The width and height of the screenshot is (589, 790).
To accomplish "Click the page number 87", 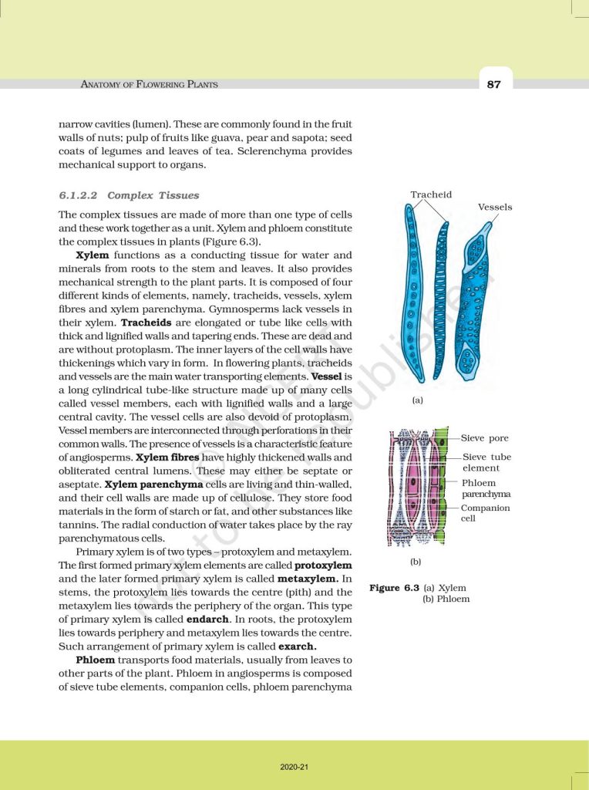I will point(494,84).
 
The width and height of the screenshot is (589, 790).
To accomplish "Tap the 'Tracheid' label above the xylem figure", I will point(431,195).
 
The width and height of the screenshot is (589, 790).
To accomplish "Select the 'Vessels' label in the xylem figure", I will point(495,208).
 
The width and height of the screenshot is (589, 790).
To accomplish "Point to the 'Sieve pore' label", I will point(485,438).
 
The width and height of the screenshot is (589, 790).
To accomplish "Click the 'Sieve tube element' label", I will point(486,463).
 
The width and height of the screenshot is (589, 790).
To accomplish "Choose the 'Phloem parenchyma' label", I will point(486,488).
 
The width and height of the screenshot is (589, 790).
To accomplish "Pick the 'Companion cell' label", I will point(485,513).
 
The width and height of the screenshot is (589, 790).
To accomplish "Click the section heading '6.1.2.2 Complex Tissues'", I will point(129,196).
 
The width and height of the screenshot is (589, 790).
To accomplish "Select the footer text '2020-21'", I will point(294,767).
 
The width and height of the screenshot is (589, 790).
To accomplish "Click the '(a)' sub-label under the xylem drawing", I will point(418,401).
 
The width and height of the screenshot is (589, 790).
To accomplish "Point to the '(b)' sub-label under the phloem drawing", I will point(416,562).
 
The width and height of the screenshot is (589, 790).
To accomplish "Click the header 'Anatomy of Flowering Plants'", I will point(150,84).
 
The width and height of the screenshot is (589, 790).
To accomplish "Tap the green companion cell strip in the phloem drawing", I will point(443,486).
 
